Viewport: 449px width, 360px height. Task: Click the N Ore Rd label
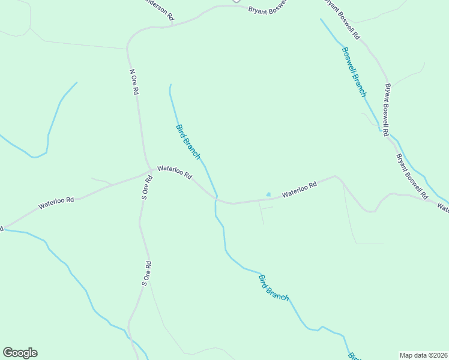tap(134, 82)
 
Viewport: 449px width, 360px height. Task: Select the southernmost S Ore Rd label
tap(145, 273)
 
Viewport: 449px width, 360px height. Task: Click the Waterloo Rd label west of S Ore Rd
tap(56, 203)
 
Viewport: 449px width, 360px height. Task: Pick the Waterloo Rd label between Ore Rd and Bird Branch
tap(174, 173)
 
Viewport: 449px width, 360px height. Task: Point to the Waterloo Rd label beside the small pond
tap(299, 190)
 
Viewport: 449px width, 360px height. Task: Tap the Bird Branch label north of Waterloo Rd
tap(188, 141)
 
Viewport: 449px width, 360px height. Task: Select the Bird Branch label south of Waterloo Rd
tap(273, 287)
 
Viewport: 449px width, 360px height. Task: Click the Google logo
tap(20, 353)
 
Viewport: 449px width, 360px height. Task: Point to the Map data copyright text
tap(423, 355)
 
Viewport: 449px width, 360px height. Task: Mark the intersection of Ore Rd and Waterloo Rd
tap(149, 170)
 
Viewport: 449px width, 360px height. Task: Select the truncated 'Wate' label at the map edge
tap(442, 208)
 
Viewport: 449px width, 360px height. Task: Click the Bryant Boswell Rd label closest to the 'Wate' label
tap(411, 176)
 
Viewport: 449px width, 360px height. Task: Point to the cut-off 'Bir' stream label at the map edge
tap(354, 355)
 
